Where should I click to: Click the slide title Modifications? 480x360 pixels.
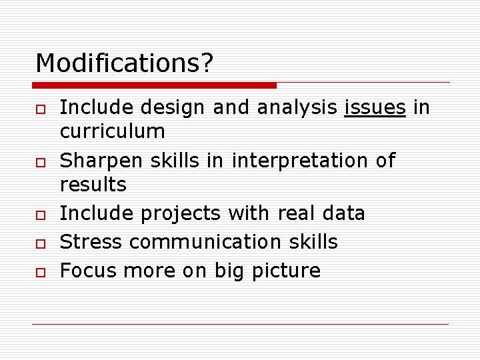[x=125, y=63]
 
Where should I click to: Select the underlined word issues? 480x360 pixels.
[x=375, y=107]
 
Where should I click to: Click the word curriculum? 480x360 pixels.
[x=112, y=131]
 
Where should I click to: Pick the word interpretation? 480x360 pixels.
[x=300, y=161]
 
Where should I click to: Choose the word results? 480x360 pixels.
[x=93, y=184]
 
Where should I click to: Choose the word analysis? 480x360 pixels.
[x=297, y=107]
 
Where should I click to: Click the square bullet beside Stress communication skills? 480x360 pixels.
[x=40, y=243]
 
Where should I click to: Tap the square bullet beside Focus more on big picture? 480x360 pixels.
[x=40, y=271]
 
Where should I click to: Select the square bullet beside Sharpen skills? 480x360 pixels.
[x=40, y=162]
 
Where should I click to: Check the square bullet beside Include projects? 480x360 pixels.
[x=40, y=215]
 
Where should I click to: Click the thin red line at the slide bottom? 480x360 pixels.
[x=240, y=325]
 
